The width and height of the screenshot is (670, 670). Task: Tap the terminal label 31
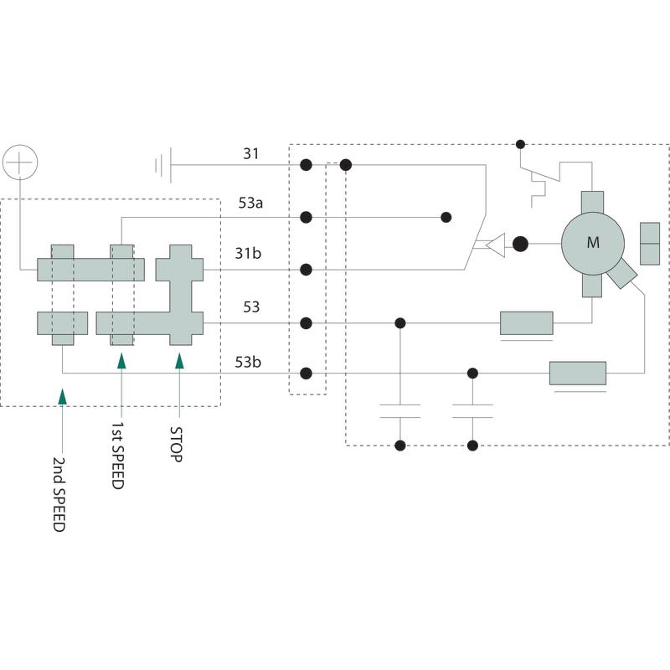tap(250, 153)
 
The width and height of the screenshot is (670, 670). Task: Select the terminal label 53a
tap(250, 204)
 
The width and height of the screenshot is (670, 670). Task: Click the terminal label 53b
tap(248, 362)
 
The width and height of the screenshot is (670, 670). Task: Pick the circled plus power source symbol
tap(20, 160)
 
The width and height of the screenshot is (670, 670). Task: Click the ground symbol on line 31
tap(163, 165)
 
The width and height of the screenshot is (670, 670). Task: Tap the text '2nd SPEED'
tap(59, 495)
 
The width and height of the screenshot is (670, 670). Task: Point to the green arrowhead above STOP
tap(179, 361)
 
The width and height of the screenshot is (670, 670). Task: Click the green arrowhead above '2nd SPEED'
tap(63, 395)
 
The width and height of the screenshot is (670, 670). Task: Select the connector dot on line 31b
tap(307, 270)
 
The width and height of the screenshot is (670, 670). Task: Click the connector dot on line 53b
tap(307, 374)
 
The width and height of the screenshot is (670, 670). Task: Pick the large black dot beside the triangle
tap(520, 245)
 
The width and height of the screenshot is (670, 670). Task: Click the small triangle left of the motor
tap(496, 245)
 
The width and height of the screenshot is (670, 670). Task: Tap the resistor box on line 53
tap(526, 323)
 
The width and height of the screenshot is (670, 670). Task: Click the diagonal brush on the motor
tap(623, 273)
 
